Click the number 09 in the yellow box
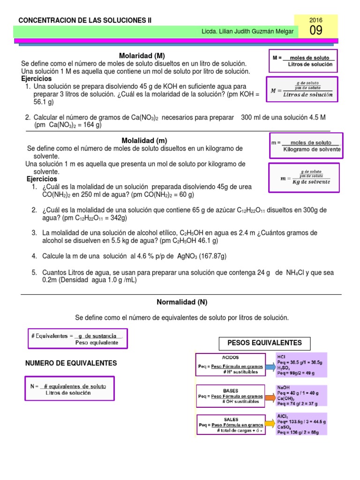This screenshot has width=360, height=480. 316,31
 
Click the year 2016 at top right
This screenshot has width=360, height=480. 316,20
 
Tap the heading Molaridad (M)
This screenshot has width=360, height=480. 142,55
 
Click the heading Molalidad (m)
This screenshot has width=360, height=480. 144,140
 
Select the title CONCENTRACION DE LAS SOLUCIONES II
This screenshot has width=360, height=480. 84,20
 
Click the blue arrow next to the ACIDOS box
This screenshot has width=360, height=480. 270,367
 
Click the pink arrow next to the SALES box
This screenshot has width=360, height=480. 270,426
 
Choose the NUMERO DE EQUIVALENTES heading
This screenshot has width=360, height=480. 71,363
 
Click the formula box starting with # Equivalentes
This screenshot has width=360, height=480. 77,339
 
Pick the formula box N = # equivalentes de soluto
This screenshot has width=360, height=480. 68,390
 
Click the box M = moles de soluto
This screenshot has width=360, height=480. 304,60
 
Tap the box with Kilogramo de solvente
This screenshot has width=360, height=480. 306,146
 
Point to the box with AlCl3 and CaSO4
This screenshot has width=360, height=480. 301,425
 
